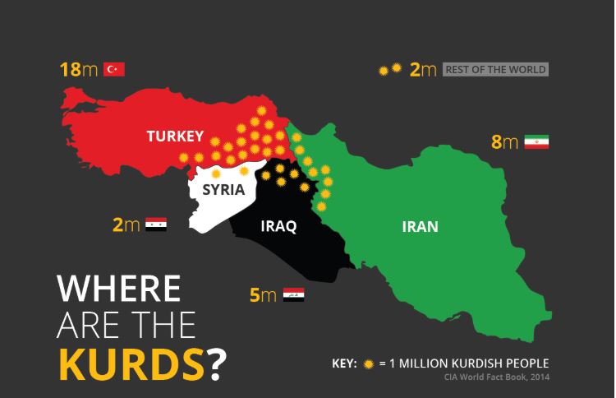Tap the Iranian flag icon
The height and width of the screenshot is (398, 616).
(536, 141)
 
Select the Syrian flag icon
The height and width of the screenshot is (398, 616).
(156, 224)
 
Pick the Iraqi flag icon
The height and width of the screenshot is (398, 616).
(294, 294)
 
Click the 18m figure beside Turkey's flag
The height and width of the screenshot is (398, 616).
(79, 69)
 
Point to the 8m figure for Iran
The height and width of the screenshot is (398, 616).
(504, 141)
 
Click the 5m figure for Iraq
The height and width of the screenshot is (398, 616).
(263, 294)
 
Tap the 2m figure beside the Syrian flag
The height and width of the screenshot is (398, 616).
(126, 224)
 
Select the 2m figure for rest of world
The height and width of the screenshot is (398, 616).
(423, 70)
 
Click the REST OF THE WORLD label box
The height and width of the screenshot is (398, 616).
(495, 70)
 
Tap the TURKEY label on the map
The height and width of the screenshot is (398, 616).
(175, 136)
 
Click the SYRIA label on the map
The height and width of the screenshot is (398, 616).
(223, 190)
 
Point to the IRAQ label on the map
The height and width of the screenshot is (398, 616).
(278, 226)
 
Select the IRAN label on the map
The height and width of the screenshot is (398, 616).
(420, 226)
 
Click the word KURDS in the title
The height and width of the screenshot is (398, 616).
(131, 364)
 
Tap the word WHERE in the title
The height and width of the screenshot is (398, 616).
(118, 289)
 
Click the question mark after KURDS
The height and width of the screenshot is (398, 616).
(215, 364)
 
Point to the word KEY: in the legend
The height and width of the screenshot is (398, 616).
(343, 363)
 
